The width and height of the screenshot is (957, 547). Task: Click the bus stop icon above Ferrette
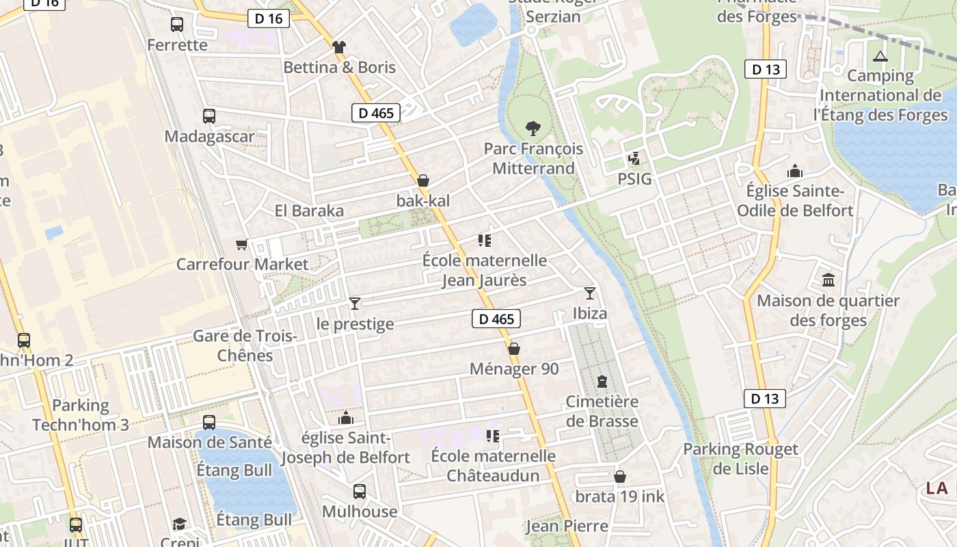click(x=177, y=25)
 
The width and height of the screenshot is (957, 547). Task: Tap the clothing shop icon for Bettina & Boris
click(x=338, y=47)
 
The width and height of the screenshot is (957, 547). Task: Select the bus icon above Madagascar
click(x=209, y=116)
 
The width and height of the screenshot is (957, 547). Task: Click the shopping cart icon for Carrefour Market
click(x=241, y=244)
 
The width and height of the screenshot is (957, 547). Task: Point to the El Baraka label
click(x=309, y=211)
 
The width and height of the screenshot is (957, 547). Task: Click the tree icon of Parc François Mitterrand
click(x=533, y=128)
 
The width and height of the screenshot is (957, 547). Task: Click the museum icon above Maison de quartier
click(x=828, y=280)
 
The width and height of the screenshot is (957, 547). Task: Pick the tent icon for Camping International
click(x=880, y=56)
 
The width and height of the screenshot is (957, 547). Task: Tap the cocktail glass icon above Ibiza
click(x=590, y=293)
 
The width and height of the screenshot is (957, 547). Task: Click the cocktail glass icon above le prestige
click(x=354, y=304)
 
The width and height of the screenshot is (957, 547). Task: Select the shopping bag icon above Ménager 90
click(x=514, y=349)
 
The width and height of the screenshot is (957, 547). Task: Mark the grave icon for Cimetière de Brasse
click(x=602, y=382)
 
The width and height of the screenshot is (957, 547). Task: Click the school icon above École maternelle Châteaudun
click(x=492, y=436)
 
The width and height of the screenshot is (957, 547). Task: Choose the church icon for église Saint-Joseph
click(x=346, y=417)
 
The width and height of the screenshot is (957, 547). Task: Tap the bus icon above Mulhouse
click(x=360, y=491)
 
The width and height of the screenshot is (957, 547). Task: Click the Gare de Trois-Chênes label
click(x=245, y=345)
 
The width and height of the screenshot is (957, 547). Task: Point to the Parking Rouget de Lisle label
click(x=741, y=459)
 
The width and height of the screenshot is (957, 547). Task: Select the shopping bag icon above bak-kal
click(x=423, y=181)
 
